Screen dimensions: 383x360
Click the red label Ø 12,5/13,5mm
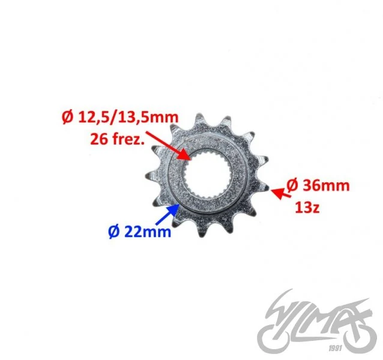click(120, 118)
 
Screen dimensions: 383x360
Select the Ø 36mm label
click(318, 185)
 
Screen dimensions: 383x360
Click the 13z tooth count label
click(307, 208)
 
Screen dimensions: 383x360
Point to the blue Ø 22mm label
click(139, 231)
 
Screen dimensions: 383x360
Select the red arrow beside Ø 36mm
click(281, 193)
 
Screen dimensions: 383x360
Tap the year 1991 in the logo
click(335, 348)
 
